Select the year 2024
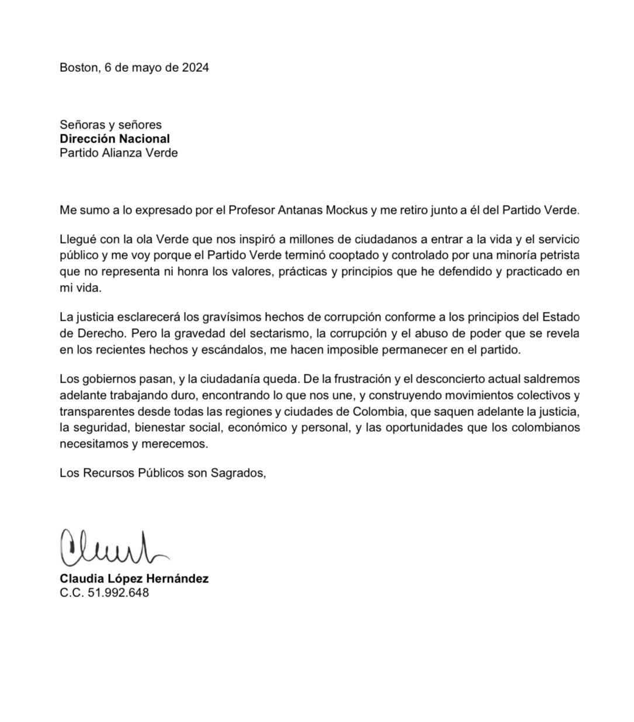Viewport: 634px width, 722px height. (195, 68)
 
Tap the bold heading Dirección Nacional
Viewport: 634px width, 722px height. (115, 139)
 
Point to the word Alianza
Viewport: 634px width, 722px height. (123, 153)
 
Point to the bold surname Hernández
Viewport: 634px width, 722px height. (179, 579)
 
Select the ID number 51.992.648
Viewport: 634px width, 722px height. (118, 593)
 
